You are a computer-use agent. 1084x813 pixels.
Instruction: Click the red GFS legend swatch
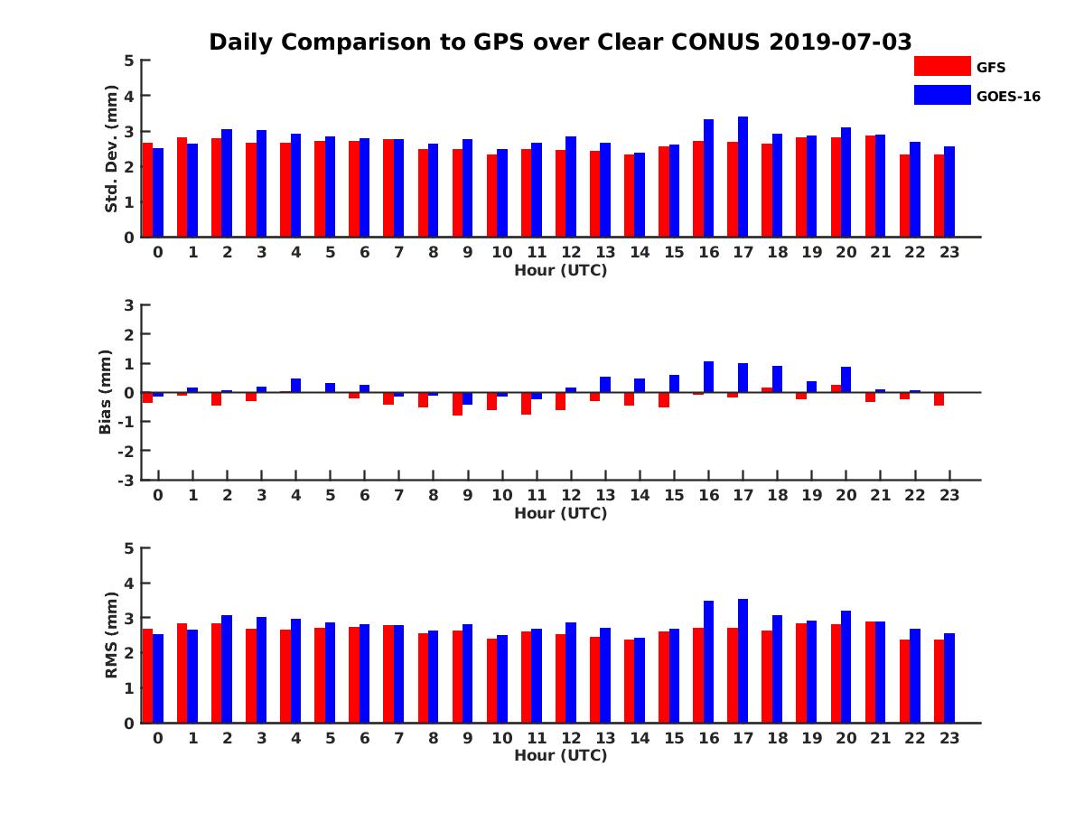(942, 66)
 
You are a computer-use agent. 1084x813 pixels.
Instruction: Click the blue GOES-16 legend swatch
(942, 95)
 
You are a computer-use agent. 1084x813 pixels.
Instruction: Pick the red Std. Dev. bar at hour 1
(182, 187)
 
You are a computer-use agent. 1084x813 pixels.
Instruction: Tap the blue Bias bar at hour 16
(708, 377)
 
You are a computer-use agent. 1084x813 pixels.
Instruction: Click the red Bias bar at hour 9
(457, 404)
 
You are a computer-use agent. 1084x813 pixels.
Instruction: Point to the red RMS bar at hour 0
(147, 676)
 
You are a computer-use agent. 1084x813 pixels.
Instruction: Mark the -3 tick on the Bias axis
(128, 480)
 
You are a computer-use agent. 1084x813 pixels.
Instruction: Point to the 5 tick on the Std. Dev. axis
(129, 61)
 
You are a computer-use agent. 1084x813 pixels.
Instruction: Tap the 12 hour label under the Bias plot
(571, 496)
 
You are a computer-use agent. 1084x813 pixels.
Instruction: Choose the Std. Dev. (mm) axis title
(112, 149)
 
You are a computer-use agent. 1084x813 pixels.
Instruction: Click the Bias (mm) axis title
(106, 392)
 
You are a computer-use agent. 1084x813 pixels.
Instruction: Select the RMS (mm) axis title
(112, 635)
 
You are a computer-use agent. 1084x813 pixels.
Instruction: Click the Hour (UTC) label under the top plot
(560, 270)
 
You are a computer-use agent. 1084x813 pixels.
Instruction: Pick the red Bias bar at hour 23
(939, 399)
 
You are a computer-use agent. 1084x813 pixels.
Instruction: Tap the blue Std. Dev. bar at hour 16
(708, 178)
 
